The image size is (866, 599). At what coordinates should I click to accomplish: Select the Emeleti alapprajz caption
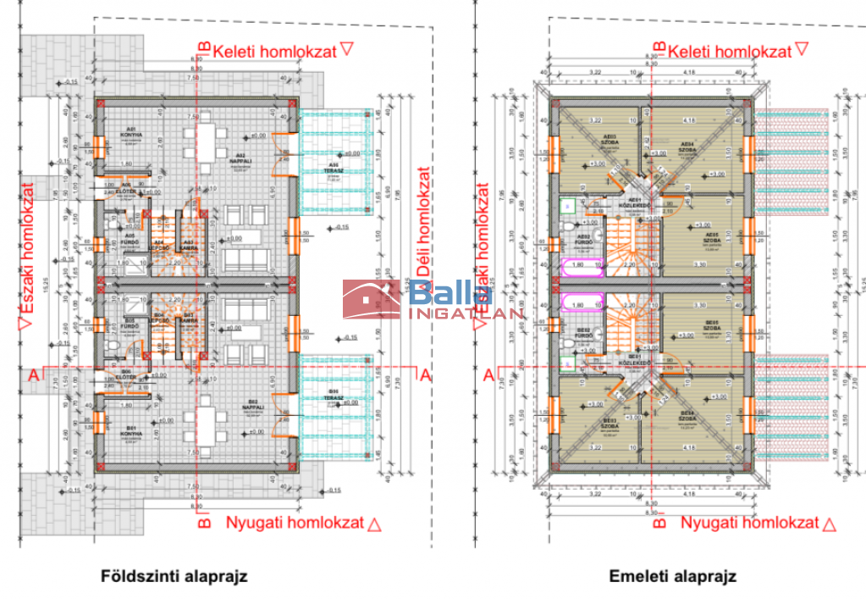click(672, 577)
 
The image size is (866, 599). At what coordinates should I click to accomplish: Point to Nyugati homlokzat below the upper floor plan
click(750, 524)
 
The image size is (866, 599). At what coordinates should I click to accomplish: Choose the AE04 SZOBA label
click(687, 146)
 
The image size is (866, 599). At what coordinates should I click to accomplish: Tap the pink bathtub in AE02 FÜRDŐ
click(581, 264)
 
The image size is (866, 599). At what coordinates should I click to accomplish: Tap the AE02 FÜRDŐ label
click(582, 238)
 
